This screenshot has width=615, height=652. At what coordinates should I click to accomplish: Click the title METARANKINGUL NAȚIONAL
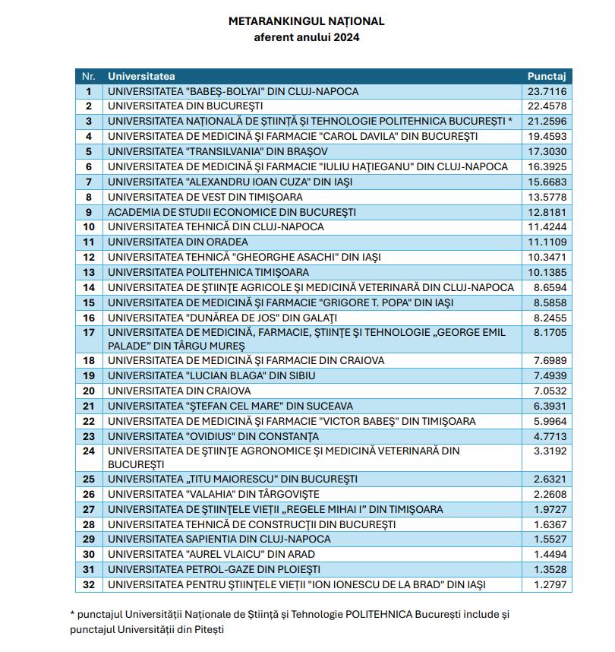pyautogui.click(x=307, y=21)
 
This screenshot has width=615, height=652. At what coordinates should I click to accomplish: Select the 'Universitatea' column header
pyautogui.click(x=141, y=76)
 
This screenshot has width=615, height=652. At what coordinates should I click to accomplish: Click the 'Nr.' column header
pyautogui.click(x=89, y=76)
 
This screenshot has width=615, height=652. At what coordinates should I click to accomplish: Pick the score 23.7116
pyautogui.click(x=547, y=91)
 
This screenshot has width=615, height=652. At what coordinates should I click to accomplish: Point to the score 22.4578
pyautogui.click(x=547, y=106)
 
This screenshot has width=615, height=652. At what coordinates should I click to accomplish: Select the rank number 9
pyautogui.click(x=89, y=212)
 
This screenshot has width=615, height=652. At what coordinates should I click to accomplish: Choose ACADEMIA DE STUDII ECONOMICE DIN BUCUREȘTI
pyautogui.click(x=232, y=212)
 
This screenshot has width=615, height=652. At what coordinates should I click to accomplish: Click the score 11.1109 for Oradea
pyautogui.click(x=547, y=242)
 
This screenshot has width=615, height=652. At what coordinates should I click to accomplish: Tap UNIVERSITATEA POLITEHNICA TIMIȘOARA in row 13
pyautogui.click(x=208, y=272)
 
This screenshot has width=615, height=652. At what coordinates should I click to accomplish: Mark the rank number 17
pyautogui.click(x=89, y=333)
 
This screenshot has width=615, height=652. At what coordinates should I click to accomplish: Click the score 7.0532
pyautogui.click(x=547, y=391)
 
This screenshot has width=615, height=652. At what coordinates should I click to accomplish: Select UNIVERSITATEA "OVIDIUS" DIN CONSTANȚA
pyautogui.click(x=213, y=436)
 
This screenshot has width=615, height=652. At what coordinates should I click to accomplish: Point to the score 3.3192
pyautogui.click(x=547, y=451)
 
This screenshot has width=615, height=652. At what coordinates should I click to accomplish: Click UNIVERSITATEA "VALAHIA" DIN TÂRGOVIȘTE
pyautogui.click(x=213, y=494)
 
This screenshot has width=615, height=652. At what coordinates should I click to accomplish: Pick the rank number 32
pyautogui.click(x=89, y=584)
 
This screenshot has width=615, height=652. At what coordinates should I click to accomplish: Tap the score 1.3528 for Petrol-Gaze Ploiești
pyautogui.click(x=547, y=569)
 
